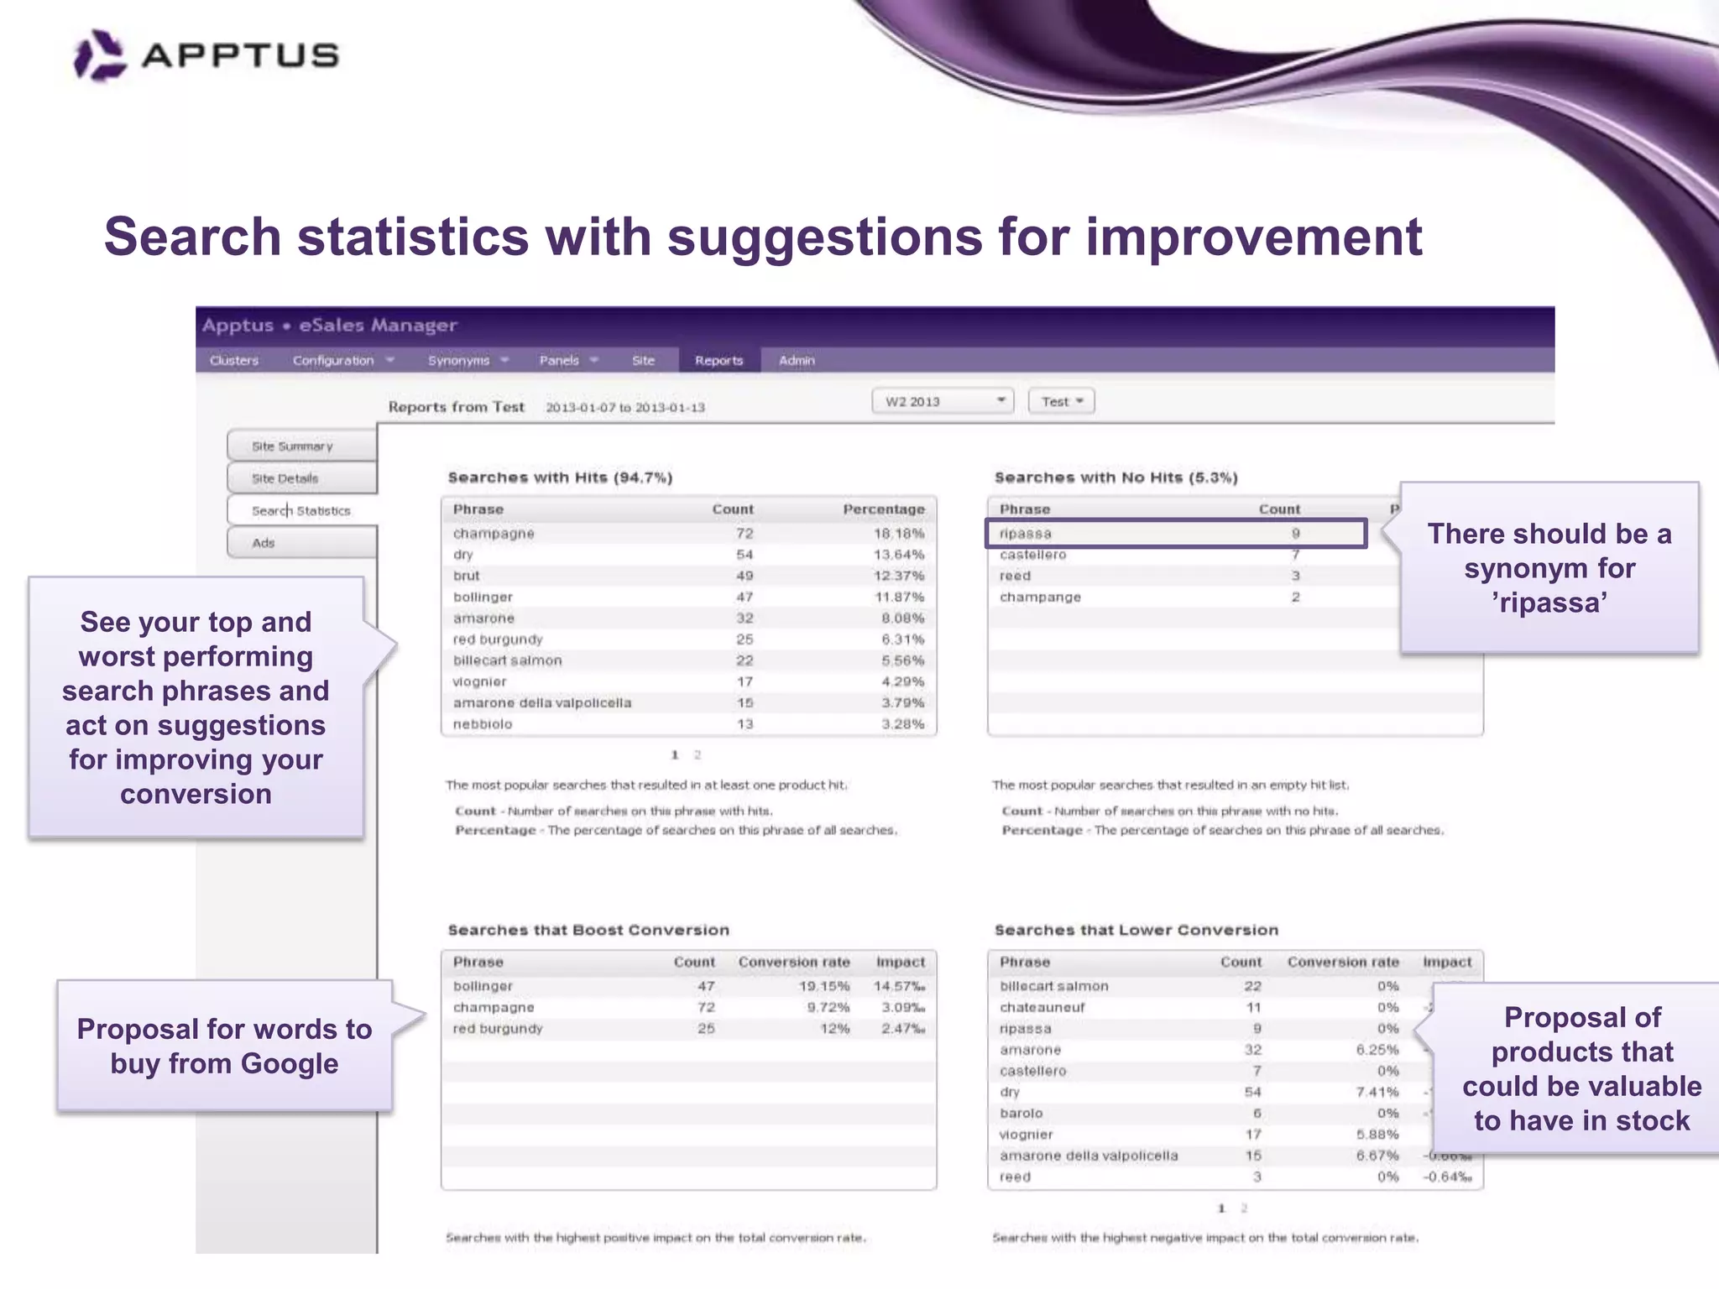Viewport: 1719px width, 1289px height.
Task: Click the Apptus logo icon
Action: (x=100, y=55)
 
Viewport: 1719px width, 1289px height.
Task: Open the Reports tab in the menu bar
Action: (x=718, y=360)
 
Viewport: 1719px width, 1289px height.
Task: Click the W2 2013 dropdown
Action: (x=943, y=401)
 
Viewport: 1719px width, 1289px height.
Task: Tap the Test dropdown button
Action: (x=1062, y=401)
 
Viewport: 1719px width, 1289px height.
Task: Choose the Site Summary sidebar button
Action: (x=301, y=446)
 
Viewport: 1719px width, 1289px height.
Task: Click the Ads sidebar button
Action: (x=301, y=543)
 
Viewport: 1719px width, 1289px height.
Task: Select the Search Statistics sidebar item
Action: (x=301, y=510)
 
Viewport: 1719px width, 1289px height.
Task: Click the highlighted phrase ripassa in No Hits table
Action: (x=1026, y=534)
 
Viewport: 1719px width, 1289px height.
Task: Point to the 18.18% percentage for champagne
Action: (x=899, y=534)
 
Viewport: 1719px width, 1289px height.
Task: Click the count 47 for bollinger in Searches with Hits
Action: (x=745, y=597)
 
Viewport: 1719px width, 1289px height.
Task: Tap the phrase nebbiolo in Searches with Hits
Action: (x=483, y=724)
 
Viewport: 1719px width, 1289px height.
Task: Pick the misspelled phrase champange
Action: (x=1040, y=597)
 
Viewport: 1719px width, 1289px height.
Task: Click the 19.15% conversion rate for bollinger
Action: (x=823, y=986)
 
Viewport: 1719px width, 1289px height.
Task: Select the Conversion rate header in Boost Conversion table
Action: (x=794, y=962)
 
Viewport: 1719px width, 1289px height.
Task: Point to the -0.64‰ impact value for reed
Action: (x=1447, y=1177)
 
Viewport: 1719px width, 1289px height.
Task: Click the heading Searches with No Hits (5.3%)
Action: (x=1116, y=478)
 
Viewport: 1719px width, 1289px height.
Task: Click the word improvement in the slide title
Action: (x=1254, y=237)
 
